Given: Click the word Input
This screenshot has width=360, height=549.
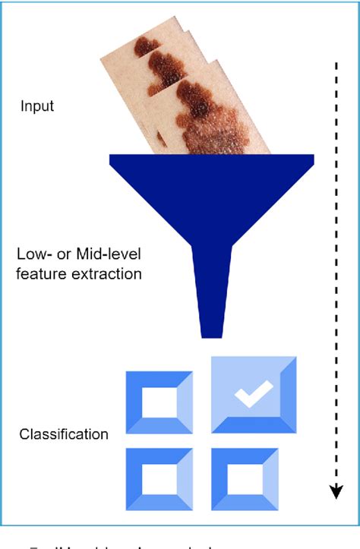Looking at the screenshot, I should tap(36, 106).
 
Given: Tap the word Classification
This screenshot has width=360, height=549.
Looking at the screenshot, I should tap(64, 435).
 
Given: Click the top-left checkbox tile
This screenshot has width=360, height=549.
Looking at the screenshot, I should tap(157, 402).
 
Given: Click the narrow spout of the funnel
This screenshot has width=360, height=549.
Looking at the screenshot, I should tap(210, 304).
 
